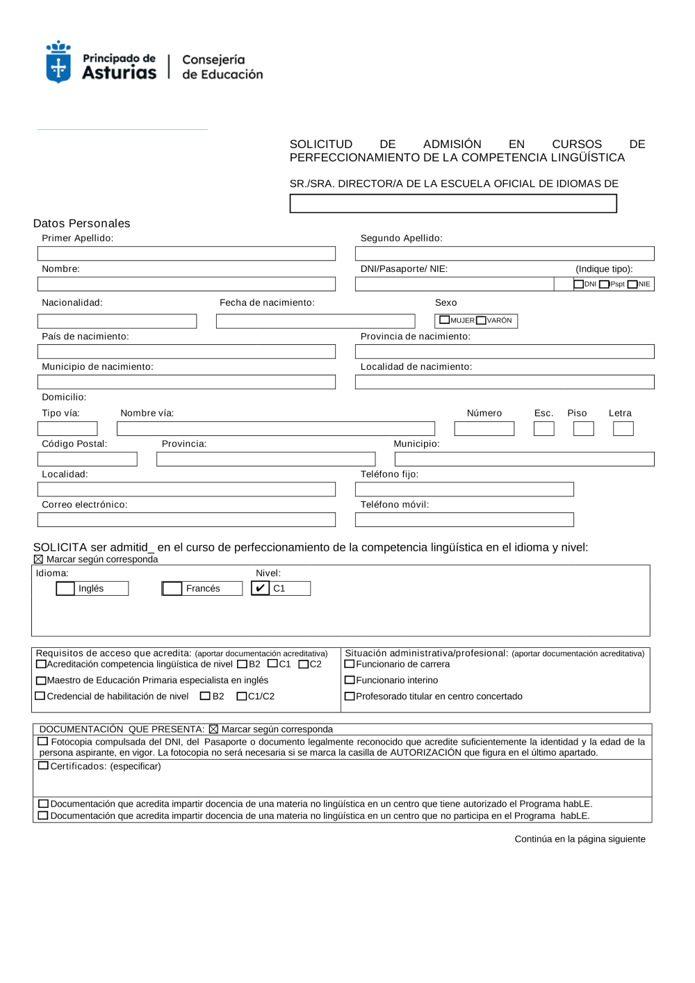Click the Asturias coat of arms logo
tap(58, 62)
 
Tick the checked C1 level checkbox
tap(260, 588)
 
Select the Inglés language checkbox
tap(65, 589)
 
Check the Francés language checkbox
tap(172, 589)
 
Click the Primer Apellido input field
tap(186, 254)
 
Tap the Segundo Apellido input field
tap(505, 254)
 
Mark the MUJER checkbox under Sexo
tap(445, 320)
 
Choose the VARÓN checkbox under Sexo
tap(481, 320)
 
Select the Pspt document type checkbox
tap(604, 284)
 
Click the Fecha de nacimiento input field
tap(316, 321)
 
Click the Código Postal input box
tap(88, 460)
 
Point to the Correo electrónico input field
tap(186, 520)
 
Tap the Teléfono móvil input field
tap(464, 520)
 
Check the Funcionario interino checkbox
tap(350, 680)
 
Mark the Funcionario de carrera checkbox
tap(350, 664)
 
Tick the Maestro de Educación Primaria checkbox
tap(41, 681)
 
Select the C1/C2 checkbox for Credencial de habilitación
tap(242, 696)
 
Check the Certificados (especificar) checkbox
tap(43, 765)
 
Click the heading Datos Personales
tap(82, 223)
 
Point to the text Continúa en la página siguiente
tap(580, 839)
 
